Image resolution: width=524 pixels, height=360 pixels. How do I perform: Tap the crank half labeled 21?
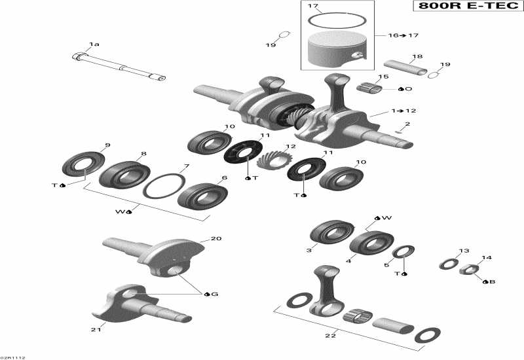coord(138,302)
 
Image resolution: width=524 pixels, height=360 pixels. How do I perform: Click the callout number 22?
coord(331,336)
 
